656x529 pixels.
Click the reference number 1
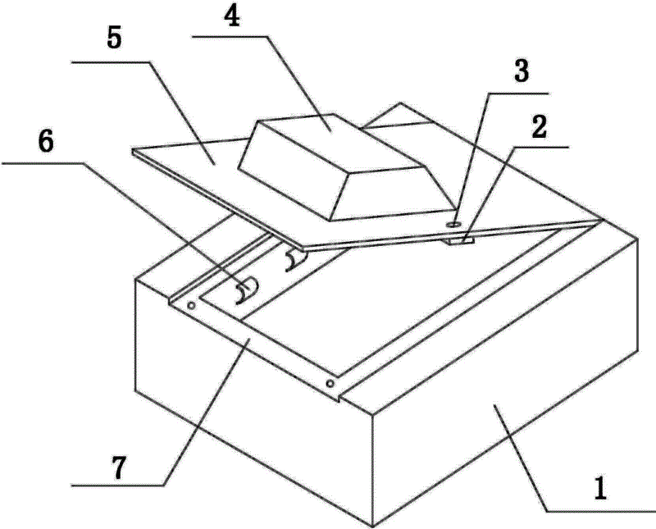pos(601,489)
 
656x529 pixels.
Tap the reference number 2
pos(539,127)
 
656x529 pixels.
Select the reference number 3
pos(521,71)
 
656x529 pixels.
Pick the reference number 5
pos(114,39)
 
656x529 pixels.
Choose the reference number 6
pos(46,142)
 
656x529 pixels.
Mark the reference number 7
pos(119,467)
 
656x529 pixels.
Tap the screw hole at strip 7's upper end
pos(191,306)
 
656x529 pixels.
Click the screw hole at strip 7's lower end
pos(330,383)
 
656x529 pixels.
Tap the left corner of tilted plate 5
pos(133,150)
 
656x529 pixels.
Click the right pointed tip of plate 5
pos(604,219)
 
